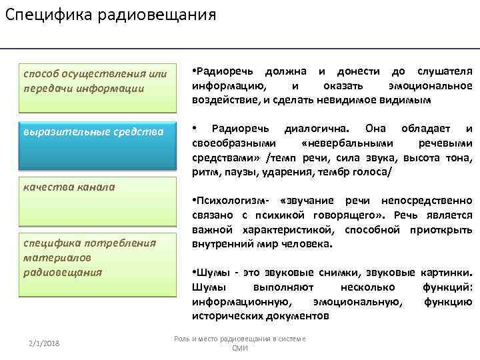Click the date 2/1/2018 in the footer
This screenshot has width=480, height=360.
pos(44,342)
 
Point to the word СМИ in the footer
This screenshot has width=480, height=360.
pos(239,348)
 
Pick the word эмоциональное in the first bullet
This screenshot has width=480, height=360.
pos(430,86)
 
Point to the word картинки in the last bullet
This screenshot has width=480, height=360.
pos(448,273)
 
